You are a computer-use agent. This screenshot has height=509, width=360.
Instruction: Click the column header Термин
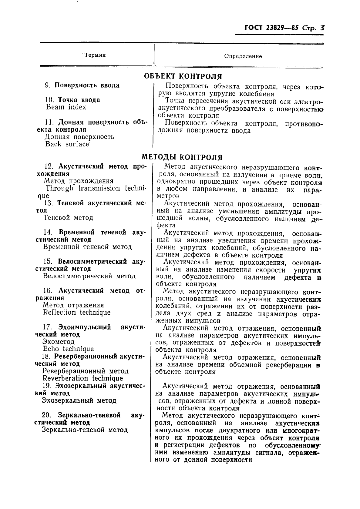click(95, 55)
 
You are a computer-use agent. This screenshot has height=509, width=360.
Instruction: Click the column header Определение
click(243, 56)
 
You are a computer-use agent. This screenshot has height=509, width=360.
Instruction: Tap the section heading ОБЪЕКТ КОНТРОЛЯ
click(183, 76)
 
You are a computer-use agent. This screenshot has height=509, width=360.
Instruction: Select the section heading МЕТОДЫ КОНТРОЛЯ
click(182, 157)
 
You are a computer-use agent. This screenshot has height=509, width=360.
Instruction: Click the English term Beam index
click(66, 107)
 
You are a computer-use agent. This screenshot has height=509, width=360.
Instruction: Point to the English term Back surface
click(67, 144)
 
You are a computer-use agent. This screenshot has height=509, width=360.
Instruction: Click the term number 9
click(48, 85)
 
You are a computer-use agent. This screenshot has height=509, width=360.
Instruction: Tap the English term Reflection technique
click(77, 312)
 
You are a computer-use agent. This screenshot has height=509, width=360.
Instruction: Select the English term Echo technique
click(68, 349)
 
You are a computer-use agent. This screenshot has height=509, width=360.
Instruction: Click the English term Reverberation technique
click(83, 378)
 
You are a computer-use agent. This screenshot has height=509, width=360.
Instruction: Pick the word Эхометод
click(59, 342)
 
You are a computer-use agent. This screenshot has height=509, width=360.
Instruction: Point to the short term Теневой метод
click(68, 218)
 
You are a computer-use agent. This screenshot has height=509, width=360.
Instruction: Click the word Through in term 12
click(59, 188)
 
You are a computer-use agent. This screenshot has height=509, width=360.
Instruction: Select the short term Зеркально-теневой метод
click(85, 430)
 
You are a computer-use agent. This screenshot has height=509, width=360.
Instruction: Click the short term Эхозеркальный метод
click(79, 400)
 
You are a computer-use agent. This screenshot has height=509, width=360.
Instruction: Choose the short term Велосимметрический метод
click(89, 276)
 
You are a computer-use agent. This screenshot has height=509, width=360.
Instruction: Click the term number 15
click(48, 261)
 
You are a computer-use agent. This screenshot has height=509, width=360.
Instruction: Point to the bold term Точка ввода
click(79, 100)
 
